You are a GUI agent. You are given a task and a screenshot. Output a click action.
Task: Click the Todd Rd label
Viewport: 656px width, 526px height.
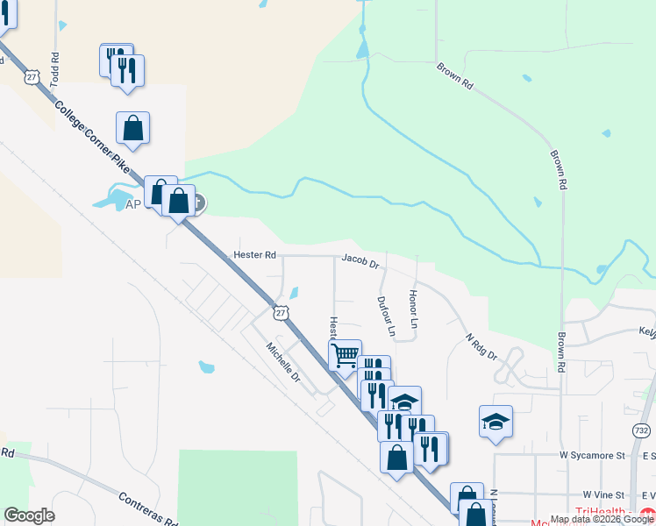click(x=55, y=68)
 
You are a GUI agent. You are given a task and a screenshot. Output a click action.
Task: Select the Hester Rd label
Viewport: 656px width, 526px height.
click(x=255, y=255)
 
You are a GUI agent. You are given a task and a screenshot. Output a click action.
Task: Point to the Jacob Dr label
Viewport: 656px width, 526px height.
click(x=360, y=260)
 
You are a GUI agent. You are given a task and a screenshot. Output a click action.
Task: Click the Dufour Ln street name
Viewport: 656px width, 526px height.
click(x=386, y=316)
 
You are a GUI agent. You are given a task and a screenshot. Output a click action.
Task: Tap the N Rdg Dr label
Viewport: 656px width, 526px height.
click(x=481, y=346)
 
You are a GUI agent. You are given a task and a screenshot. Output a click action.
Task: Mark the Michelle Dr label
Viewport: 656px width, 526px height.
click(x=283, y=362)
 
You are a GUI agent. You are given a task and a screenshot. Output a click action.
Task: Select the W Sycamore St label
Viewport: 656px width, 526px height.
click(x=592, y=456)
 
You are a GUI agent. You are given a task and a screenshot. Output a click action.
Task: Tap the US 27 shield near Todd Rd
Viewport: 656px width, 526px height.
click(x=32, y=77)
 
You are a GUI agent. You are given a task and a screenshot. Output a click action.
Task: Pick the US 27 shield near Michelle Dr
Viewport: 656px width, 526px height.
click(x=281, y=312)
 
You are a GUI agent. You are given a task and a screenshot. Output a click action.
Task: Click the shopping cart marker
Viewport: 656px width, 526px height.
click(x=346, y=355)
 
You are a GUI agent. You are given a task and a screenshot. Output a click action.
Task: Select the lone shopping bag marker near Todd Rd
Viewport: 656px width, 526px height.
click(x=132, y=128)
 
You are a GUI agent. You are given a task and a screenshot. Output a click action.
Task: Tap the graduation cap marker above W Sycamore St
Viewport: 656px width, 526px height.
click(x=496, y=421)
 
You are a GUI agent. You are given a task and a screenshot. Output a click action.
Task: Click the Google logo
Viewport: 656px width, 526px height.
click(x=29, y=515)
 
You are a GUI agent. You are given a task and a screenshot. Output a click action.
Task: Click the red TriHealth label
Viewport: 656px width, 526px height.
click(x=606, y=512)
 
